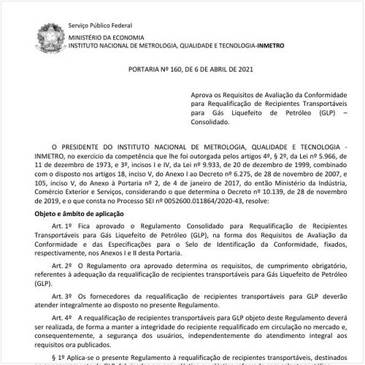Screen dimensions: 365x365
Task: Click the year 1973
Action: pos(96,166)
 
